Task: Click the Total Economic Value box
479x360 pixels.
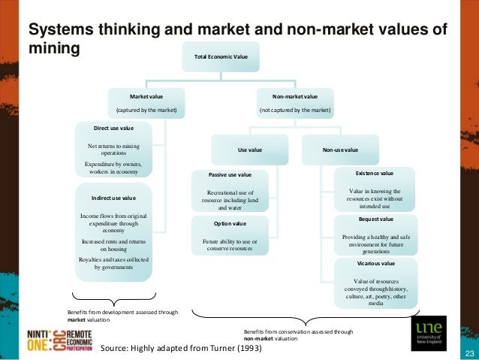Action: [x=221, y=56]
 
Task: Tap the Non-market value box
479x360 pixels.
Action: [x=294, y=104]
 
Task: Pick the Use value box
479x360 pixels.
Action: [x=249, y=150]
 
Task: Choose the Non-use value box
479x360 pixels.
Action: [x=340, y=150]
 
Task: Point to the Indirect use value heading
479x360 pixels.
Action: [x=113, y=198]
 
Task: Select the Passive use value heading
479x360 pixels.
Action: [x=230, y=175]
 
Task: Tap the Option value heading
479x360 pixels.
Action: [x=230, y=223]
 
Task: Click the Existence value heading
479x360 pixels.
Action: [x=374, y=173]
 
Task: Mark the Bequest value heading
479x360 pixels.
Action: [x=374, y=219]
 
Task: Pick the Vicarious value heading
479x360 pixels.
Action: [x=374, y=264]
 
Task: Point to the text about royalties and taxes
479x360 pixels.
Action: [x=113, y=262]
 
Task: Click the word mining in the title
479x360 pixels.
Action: [x=53, y=49]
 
